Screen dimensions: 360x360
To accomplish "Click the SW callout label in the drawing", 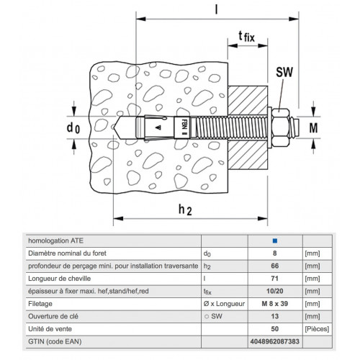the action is click(x=284, y=72).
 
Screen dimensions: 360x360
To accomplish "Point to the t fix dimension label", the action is click(x=246, y=37).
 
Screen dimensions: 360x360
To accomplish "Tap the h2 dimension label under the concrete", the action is click(x=185, y=210).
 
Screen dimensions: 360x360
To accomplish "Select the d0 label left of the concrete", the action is click(x=73, y=127).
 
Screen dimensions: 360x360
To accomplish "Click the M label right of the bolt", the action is click(x=313, y=127).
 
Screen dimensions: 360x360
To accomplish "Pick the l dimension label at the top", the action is click(x=217, y=10).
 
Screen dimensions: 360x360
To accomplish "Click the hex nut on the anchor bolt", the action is click(x=281, y=127).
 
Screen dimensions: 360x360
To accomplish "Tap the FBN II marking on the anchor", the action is click(x=184, y=127).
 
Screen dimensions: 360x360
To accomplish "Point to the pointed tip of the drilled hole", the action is click(x=114, y=127).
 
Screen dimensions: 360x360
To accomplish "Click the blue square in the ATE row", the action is click(x=275, y=240).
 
